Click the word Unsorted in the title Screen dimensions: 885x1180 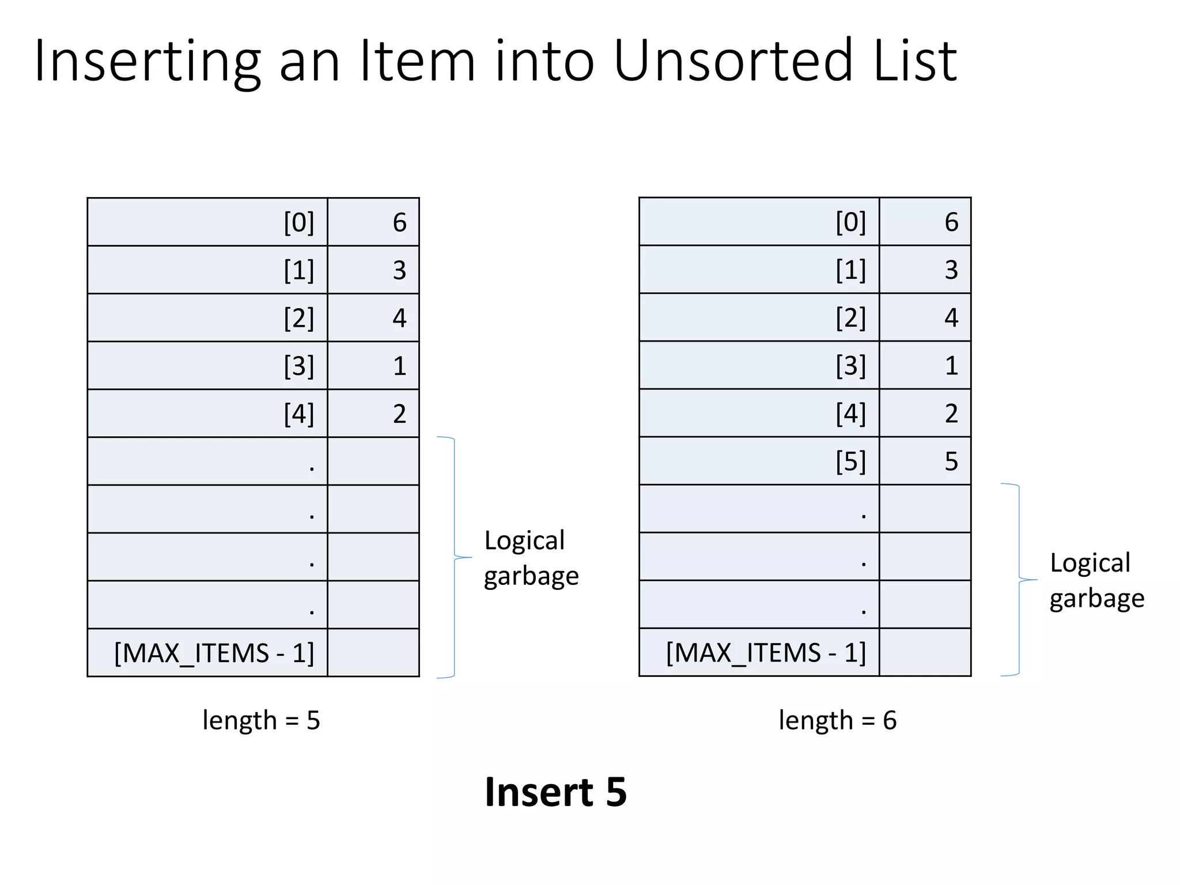click(732, 60)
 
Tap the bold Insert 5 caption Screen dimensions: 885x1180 click(555, 792)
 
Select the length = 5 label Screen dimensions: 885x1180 click(261, 720)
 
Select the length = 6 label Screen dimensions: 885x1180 click(838, 720)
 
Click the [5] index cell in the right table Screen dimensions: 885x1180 click(850, 462)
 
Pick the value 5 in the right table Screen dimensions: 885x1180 click(951, 462)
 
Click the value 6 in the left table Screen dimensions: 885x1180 click(399, 222)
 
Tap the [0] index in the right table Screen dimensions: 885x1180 click(850, 222)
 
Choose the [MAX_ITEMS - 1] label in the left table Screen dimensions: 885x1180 click(214, 653)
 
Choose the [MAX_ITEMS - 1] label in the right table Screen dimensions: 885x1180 click(766, 653)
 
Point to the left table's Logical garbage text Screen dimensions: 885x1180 click(531, 558)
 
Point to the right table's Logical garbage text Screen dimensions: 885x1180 click(1096, 580)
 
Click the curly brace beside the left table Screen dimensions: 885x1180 click(455, 557)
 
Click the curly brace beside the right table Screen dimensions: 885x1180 click(1019, 580)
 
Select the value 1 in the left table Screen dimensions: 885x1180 click(399, 366)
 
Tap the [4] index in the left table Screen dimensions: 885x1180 click(299, 414)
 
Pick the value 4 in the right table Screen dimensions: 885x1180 click(951, 317)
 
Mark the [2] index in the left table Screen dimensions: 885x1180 click(299, 318)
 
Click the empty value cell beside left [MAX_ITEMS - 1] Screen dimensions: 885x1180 click(373, 653)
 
